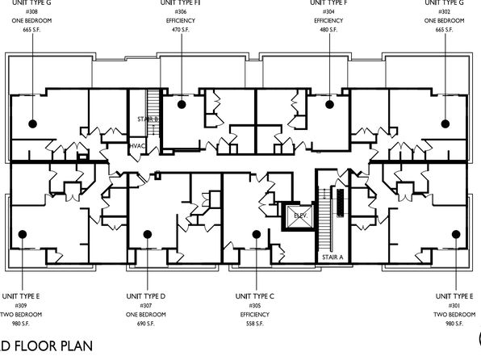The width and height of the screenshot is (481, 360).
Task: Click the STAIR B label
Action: coord(148,119)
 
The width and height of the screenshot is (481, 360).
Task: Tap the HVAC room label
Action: coord(137,146)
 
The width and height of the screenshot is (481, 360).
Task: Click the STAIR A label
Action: coord(333,257)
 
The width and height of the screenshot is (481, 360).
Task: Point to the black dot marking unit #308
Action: coord(33,123)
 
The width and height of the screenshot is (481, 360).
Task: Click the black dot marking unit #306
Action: coord(182,104)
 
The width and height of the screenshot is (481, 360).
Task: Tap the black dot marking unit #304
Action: coord(329,104)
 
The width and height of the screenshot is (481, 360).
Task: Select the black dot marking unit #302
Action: coord(445,123)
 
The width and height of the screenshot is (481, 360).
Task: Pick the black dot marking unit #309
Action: coord(23,234)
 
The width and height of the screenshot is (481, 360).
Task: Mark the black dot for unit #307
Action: coord(148,234)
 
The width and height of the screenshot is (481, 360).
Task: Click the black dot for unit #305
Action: coord(257,234)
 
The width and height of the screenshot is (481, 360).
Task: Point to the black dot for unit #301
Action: coord(456,234)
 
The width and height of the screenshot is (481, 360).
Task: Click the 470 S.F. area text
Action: coord(181,30)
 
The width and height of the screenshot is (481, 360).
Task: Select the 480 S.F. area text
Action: coord(328,30)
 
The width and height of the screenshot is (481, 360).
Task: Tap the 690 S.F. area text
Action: coord(146,324)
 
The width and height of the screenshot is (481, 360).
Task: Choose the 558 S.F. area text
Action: coord(255,324)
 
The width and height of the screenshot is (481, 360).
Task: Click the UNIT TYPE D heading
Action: coord(146,296)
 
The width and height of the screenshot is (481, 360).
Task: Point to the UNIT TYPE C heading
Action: coord(255,296)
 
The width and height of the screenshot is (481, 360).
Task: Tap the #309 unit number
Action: coord(21,305)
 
